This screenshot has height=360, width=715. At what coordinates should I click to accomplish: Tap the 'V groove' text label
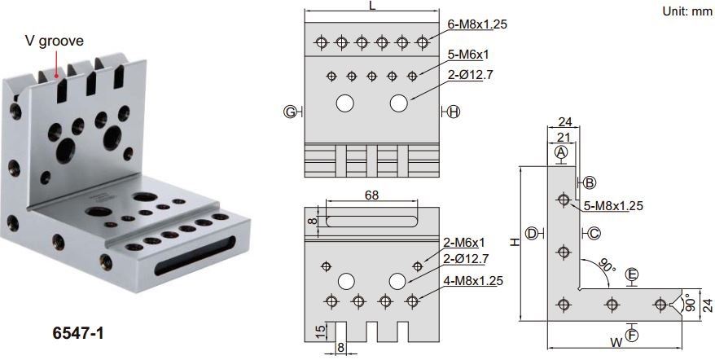[x=55, y=41]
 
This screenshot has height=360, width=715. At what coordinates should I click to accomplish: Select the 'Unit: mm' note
[x=686, y=11]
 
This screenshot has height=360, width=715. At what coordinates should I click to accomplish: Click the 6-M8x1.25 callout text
[x=477, y=24]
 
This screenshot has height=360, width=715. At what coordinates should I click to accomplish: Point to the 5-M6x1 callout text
[x=468, y=55]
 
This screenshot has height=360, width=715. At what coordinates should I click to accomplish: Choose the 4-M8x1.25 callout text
[x=473, y=281]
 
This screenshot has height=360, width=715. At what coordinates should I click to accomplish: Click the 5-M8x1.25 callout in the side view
[x=613, y=206]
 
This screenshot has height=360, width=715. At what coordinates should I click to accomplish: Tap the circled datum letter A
[x=561, y=152]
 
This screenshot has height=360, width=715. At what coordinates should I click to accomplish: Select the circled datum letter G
[x=290, y=112]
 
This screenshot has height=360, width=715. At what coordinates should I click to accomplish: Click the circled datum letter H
[x=454, y=112]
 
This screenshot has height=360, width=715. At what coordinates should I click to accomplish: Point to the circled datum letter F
[x=632, y=336]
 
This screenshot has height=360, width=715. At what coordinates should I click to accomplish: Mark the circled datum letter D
[x=532, y=234]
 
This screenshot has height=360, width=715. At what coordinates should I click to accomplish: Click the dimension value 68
[x=371, y=195]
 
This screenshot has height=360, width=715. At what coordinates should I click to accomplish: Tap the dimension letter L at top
[x=372, y=6]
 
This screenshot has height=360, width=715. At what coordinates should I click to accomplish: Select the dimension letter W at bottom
[x=616, y=343]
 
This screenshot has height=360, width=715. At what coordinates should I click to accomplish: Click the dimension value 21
[x=564, y=137]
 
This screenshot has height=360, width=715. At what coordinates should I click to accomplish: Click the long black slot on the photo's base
[x=195, y=256]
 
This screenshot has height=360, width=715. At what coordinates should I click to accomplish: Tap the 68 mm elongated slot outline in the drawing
[x=371, y=222]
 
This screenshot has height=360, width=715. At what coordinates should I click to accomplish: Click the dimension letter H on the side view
[x=515, y=242]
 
